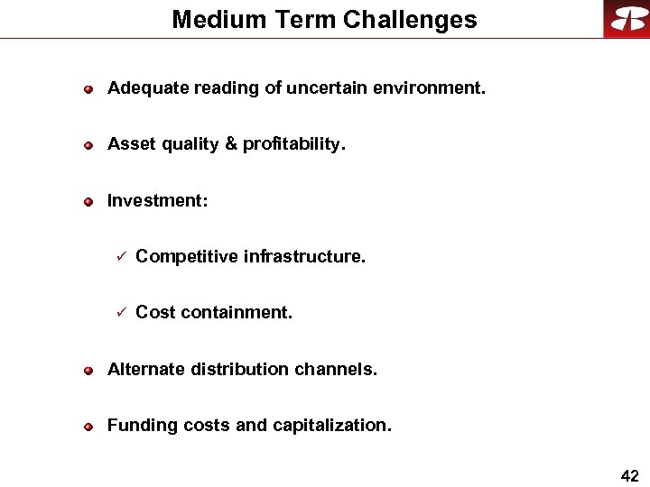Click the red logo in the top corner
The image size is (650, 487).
click(x=627, y=19)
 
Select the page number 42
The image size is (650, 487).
click(x=630, y=476)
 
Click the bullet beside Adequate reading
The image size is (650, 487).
click(x=88, y=89)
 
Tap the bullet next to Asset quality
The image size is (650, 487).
click(x=88, y=145)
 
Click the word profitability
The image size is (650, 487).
click(x=294, y=144)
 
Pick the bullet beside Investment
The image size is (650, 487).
click(x=88, y=201)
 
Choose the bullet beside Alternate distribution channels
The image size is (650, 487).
click(x=88, y=370)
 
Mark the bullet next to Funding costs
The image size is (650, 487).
click(x=88, y=426)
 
